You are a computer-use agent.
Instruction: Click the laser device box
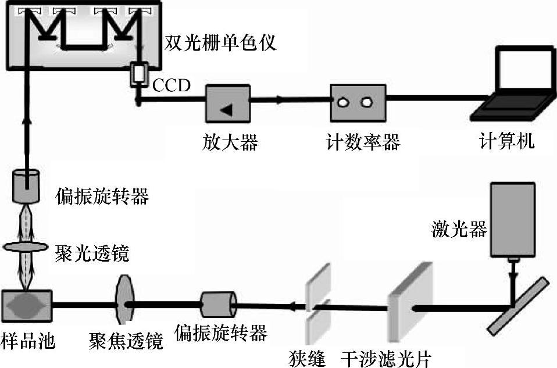[x=512, y=219]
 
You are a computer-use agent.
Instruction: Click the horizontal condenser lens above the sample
[x=26, y=247]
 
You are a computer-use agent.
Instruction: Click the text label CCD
[x=172, y=86]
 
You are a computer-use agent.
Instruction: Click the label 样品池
[x=28, y=341]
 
